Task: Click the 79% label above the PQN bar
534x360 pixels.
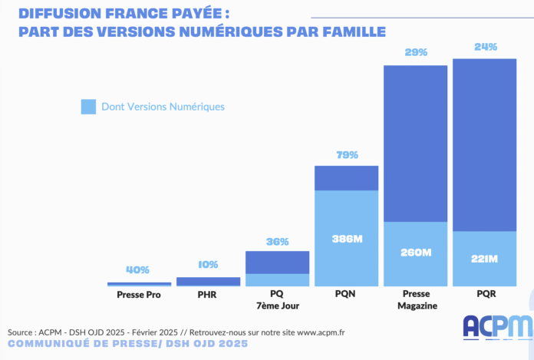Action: click(347, 155)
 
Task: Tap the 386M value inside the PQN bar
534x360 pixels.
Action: click(347, 239)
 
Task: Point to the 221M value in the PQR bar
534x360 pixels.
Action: click(485, 259)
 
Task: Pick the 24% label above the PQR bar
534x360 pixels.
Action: click(485, 47)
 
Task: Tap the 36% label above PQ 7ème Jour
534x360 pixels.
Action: click(278, 242)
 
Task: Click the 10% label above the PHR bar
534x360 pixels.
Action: click(208, 265)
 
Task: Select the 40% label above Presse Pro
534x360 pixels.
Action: click(139, 270)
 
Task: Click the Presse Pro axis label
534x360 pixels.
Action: click(139, 295)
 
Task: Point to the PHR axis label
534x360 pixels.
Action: click(208, 295)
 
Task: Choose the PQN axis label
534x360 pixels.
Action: click(347, 295)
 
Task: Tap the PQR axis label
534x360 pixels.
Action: click(485, 295)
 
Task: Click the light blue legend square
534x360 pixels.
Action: click(88, 107)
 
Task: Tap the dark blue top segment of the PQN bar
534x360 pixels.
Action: click(347, 178)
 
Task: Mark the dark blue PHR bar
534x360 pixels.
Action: click(208, 281)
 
